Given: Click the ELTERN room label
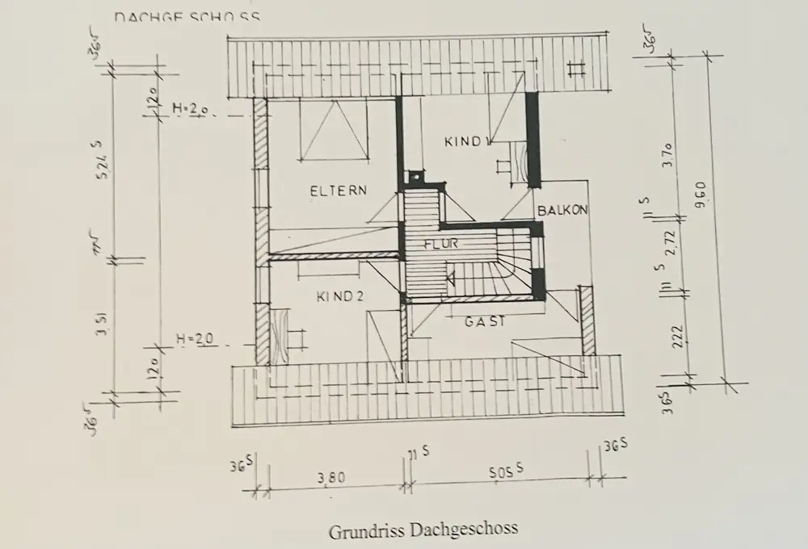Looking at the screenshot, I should point(339,191).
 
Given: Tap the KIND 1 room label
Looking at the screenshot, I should point(467,142).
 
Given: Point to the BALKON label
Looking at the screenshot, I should point(562,209).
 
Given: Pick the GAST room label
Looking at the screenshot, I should point(485,321).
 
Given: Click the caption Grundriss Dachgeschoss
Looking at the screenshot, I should point(423,530).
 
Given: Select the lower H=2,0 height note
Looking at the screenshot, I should point(195,340).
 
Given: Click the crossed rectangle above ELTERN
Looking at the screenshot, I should point(334,131).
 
